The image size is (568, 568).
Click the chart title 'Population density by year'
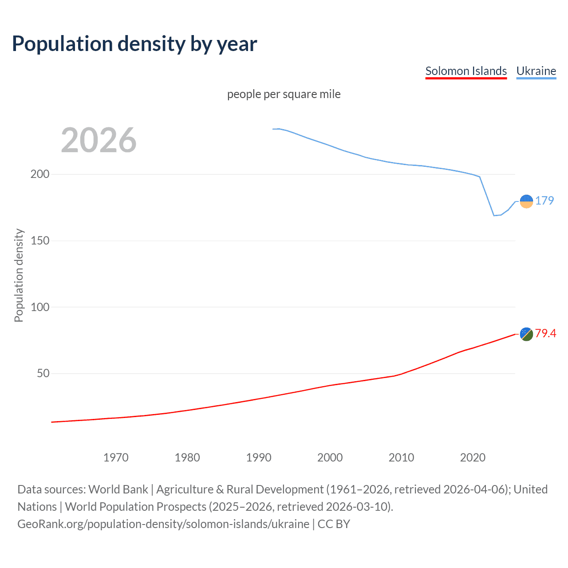[x=134, y=44]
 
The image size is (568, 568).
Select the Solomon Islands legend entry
[x=466, y=71]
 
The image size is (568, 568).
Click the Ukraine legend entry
[x=536, y=71]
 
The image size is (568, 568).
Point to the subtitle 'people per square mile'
[x=284, y=94]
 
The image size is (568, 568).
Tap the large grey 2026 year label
[x=99, y=140]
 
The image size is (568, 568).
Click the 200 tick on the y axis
[x=40, y=174]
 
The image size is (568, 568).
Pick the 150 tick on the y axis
[x=40, y=241]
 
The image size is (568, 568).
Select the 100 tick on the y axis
[x=40, y=307]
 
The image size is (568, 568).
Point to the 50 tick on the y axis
[x=43, y=373]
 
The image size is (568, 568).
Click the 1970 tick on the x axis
[x=116, y=458]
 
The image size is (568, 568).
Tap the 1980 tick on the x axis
[x=187, y=458]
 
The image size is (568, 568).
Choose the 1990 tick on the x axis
[x=259, y=458]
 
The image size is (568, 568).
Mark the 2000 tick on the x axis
[x=330, y=458]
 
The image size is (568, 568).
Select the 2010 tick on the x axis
[x=401, y=458]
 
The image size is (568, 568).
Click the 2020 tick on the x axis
[x=473, y=458]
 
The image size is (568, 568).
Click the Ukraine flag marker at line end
[x=526, y=201]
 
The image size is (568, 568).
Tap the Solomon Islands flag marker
[x=526, y=334]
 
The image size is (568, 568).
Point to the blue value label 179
[x=544, y=201]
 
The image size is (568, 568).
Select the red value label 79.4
[x=545, y=333]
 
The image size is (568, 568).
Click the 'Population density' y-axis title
[x=19, y=275]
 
